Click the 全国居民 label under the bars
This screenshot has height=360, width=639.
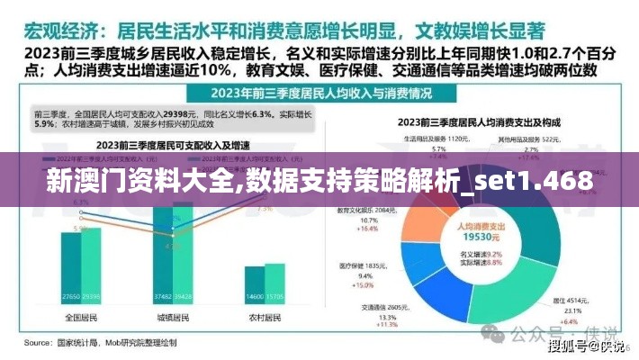point(80,318)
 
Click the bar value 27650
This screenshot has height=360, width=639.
point(71,297)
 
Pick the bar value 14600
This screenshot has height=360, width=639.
point(253,297)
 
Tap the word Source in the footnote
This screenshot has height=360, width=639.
point(37,343)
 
